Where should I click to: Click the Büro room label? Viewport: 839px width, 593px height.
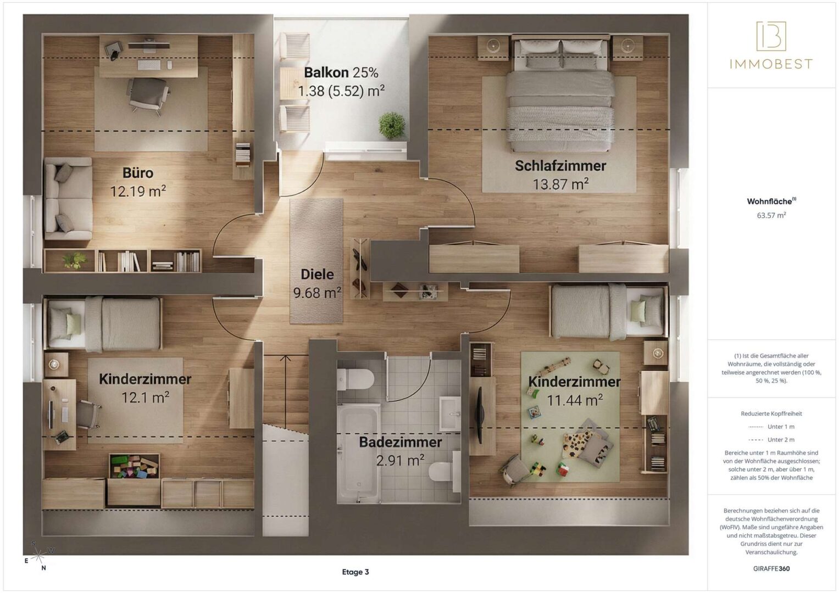point(138,173)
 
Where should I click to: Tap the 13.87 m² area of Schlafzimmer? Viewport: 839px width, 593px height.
point(560,184)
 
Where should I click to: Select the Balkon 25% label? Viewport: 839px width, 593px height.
point(341,72)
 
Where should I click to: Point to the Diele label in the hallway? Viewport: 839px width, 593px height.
point(317,275)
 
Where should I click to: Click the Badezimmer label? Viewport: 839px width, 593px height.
point(400,442)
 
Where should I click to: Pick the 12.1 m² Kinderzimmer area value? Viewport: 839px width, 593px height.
point(145,398)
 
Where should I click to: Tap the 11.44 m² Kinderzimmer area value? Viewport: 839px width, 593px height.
point(575,400)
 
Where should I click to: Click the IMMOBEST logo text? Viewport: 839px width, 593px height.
point(771,64)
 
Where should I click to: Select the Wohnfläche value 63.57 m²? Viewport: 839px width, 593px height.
point(771,215)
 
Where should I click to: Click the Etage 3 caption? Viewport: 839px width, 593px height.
point(355,572)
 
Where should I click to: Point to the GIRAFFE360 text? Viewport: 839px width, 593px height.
point(771,569)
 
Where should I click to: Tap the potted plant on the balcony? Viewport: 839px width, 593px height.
point(392,125)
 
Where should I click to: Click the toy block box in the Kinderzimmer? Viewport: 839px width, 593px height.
point(134,467)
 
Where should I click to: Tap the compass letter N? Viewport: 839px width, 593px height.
point(43,568)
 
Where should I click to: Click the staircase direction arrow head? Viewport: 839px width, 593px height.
point(285,358)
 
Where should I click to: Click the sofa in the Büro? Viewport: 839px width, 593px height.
point(69,198)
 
